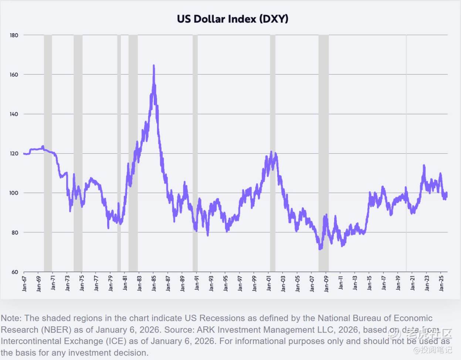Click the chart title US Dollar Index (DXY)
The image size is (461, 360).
233,19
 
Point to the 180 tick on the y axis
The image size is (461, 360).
14,35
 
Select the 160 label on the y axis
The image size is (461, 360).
14,75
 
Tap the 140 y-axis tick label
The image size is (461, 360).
14,114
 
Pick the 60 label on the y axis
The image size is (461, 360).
14,272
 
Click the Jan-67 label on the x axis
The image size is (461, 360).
24,283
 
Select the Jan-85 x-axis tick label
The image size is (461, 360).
154,283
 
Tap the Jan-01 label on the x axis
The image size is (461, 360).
269,283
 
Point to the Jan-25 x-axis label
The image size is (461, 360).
441,283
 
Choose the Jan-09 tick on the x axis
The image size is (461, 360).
326,283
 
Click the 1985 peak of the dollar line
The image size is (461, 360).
154,66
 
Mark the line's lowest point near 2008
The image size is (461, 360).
320,249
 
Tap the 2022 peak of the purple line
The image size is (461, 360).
424,166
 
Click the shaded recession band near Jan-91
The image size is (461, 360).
195,148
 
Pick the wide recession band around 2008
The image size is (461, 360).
323,148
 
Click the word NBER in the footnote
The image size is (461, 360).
53,330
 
